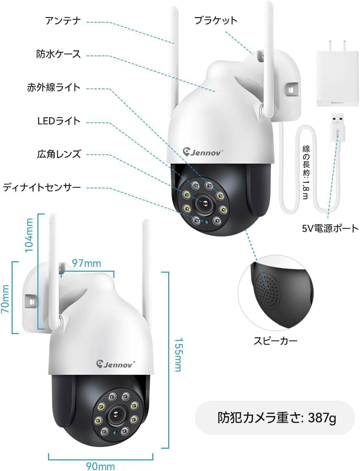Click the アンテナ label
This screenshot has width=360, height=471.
63,21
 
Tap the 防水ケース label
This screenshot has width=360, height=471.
58,54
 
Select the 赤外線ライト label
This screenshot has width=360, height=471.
54,88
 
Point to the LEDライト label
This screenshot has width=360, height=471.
58,121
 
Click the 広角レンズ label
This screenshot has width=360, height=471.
58,154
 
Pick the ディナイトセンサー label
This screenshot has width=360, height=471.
42,187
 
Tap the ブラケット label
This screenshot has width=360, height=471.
216,21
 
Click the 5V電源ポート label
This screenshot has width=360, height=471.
330,228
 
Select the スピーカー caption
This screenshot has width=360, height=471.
275,341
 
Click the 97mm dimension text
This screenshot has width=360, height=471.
86,263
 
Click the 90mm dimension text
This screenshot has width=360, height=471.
100,466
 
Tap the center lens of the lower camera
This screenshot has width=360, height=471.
115,415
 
